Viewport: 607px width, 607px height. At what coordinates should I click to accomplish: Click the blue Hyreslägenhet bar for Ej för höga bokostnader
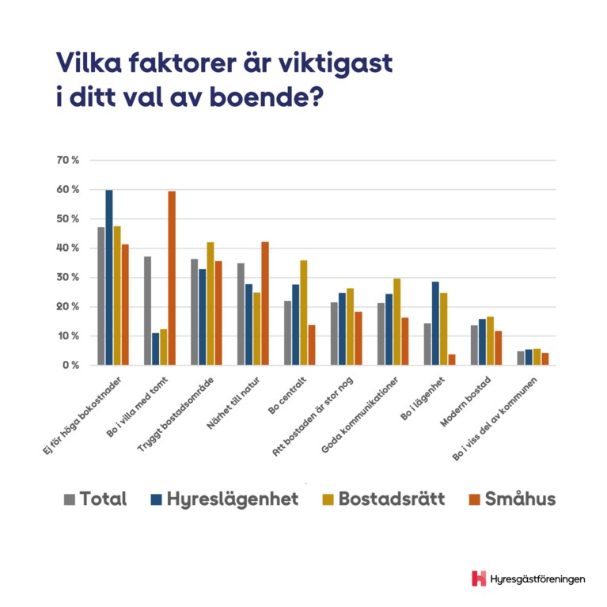pyautogui.click(x=109, y=277)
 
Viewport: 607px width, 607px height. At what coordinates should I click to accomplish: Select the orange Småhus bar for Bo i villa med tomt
pyautogui.click(x=171, y=278)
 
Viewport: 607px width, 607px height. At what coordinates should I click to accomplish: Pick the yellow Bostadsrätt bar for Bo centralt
pyautogui.click(x=303, y=313)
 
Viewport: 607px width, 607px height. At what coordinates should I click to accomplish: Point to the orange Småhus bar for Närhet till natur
pyautogui.click(x=264, y=303)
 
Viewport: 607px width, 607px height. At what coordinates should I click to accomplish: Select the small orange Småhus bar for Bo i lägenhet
pyautogui.click(x=452, y=359)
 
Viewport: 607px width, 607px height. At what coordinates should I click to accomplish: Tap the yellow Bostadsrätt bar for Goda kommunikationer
pyautogui.click(x=396, y=321)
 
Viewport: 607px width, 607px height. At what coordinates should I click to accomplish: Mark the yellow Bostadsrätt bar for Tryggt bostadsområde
pyautogui.click(x=211, y=303)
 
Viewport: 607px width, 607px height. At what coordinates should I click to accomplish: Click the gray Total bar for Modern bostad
pyautogui.click(x=474, y=345)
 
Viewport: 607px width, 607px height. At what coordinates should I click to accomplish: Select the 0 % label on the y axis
pyautogui.click(x=70, y=366)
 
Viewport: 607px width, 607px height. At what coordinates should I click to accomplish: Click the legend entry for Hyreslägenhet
pyautogui.click(x=225, y=499)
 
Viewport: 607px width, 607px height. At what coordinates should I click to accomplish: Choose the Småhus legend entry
pyautogui.click(x=513, y=499)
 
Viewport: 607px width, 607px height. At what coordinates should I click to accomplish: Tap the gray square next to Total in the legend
pyautogui.click(x=70, y=499)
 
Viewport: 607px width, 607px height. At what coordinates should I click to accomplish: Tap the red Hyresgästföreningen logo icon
pyautogui.click(x=478, y=579)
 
